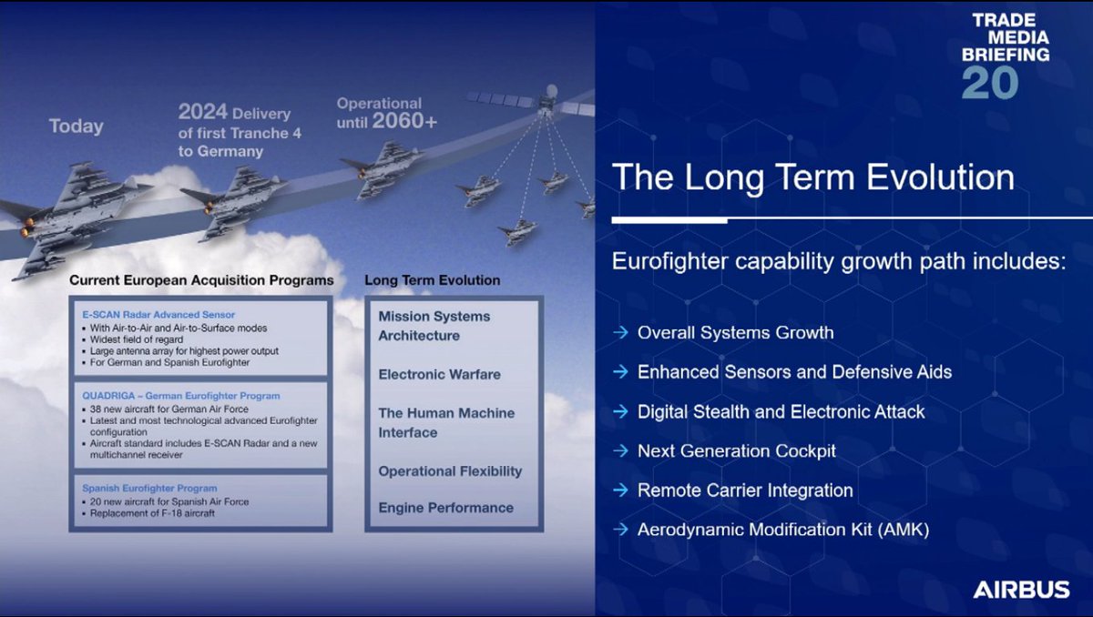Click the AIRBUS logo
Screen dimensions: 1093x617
point(1021,589)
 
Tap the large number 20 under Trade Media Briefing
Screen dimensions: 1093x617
point(990,83)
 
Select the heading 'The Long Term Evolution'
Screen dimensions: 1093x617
point(812,177)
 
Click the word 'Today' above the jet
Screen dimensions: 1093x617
point(77,126)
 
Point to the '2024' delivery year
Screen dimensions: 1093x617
point(202,112)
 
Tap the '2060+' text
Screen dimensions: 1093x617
point(404,121)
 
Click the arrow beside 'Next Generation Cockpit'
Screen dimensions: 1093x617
point(620,450)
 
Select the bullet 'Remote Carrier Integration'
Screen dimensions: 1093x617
point(745,491)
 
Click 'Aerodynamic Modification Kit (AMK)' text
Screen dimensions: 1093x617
point(783,530)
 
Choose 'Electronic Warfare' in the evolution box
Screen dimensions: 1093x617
point(439,374)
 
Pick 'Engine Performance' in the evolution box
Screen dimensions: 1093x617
point(445,508)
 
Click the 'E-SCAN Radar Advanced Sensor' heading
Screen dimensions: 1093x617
point(158,315)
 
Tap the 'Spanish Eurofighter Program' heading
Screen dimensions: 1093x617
point(149,489)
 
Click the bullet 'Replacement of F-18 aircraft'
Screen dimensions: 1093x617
point(152,513)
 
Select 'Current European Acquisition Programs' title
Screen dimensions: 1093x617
point(201,280)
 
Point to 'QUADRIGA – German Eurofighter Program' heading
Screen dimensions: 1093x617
point(181,396)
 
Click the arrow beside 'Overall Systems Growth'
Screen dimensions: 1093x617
point(620,332)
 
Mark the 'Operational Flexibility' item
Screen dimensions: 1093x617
point(450,471)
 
